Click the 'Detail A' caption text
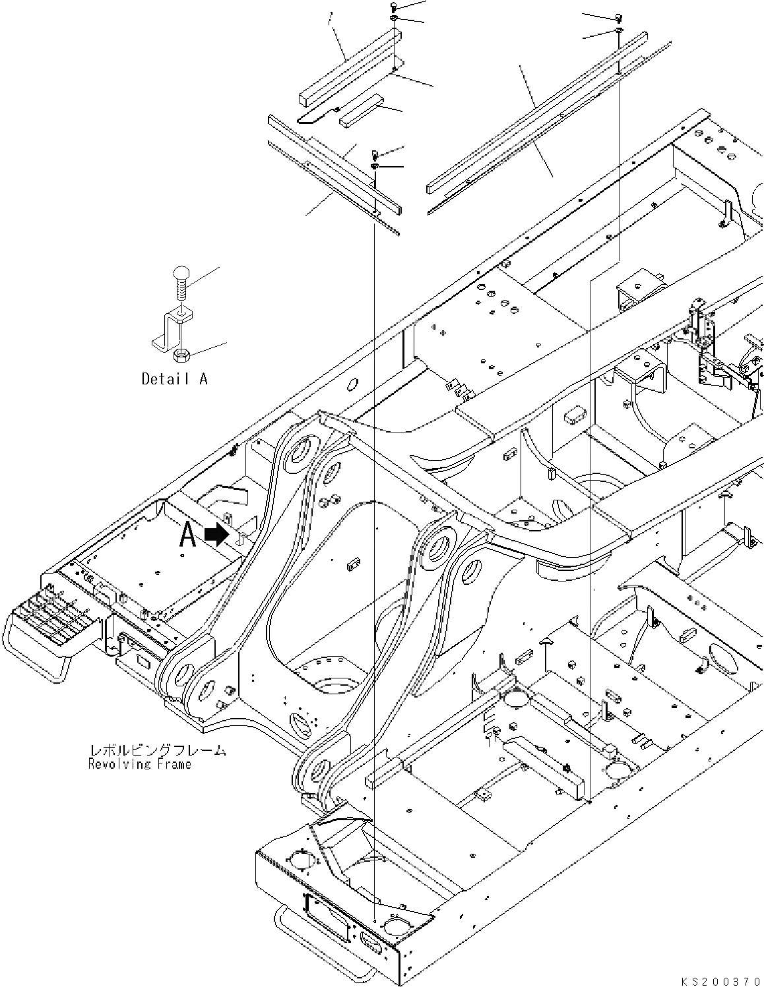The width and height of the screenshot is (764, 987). [174, 379]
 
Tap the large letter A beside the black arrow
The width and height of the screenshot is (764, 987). [188, 536]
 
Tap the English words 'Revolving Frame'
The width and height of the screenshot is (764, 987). [139, 764]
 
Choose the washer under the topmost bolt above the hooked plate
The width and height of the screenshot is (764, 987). [393, 18]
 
